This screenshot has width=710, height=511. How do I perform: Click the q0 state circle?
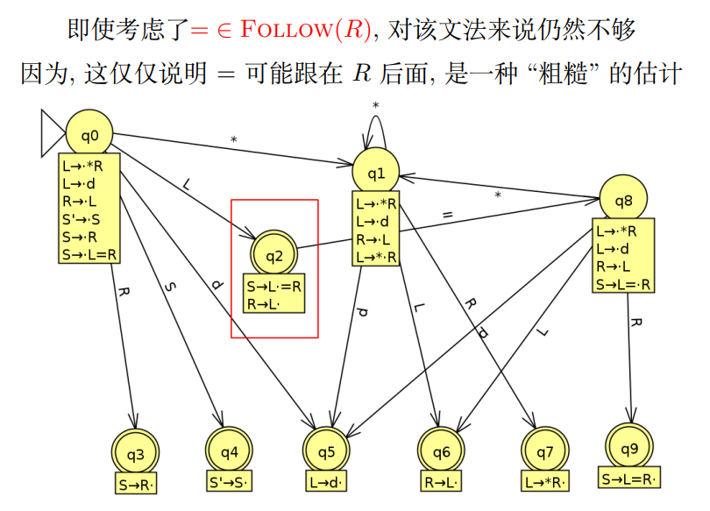(90, 135)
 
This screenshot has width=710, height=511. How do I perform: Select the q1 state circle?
(376, 173)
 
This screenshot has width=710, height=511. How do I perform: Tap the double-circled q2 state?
(273, 255)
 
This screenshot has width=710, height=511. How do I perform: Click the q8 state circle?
(622, 200)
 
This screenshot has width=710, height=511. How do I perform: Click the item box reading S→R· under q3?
(139, 482)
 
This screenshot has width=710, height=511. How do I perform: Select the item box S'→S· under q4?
(229, 481)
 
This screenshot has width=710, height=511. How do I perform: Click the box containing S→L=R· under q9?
(629, 479)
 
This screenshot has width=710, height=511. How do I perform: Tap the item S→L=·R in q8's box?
(623, 283)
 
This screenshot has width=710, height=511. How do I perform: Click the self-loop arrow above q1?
(375, 123)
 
